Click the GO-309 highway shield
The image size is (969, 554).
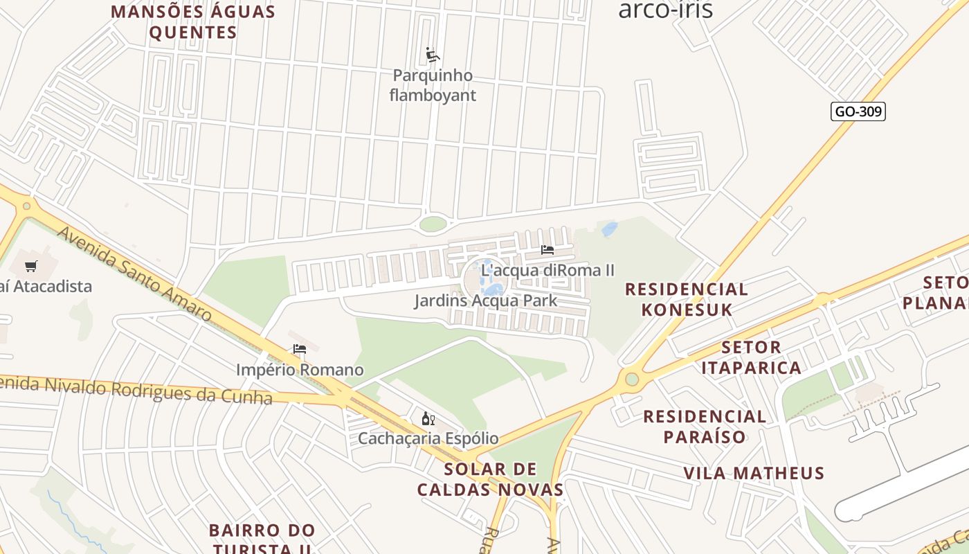coord(858,111)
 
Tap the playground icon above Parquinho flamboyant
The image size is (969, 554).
coord(433,55)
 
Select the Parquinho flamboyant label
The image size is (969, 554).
coord(433,85)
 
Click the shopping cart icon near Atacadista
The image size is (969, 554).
coord(30,266)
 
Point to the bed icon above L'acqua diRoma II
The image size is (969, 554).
coord(547,250)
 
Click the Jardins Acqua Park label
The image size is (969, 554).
coord(485,301)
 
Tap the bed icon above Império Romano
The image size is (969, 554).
coord(300,350)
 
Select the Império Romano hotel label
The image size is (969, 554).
coord(300,370)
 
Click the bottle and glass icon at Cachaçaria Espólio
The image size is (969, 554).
coord(428,418)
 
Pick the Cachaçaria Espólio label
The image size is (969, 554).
coord(428,438)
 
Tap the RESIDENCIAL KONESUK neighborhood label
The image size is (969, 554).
coord(687,299)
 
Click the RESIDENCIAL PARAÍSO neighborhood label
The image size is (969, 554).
coord(705,427)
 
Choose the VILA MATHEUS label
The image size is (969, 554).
coord(754,474)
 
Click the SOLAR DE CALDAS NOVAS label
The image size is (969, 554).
coord(490,479)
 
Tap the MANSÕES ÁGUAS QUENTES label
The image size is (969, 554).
coord(193,22)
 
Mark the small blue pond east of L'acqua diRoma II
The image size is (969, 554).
coord(609,229)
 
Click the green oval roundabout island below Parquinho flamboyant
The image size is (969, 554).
coord(433,224)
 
